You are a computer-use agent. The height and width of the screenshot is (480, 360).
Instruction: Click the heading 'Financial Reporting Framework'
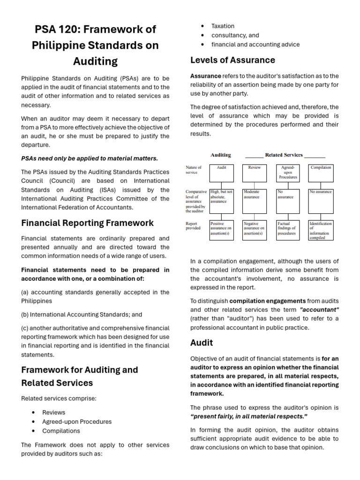pos(87,223)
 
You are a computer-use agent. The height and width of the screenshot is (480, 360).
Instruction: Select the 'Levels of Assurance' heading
pos(232,60)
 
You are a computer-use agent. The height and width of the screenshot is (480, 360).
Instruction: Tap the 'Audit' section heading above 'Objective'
pos(202,343)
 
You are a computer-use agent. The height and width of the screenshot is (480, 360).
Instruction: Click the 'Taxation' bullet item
pos(223,26)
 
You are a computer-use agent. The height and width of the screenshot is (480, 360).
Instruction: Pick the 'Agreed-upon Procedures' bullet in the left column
pos(77,421)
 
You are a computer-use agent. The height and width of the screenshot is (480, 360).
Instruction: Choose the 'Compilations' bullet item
pos(61,431)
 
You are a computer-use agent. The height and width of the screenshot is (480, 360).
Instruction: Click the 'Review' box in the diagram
pos(254,173)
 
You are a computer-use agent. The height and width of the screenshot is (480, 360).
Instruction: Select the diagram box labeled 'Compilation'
pos(321,173)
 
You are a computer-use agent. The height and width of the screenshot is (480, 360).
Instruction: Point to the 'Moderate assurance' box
pos(254,201)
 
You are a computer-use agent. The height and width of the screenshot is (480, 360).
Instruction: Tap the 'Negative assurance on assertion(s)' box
pos(254,230)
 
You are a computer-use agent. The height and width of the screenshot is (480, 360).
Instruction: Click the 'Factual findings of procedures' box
pos(287,230)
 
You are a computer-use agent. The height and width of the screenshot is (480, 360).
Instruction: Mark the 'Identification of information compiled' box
pos(321,230)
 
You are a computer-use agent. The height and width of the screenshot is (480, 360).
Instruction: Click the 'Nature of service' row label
pos(194,170)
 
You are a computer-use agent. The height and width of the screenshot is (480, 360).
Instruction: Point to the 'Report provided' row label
pos(193,226)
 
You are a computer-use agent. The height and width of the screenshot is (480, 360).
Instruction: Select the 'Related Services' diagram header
pos(285,155)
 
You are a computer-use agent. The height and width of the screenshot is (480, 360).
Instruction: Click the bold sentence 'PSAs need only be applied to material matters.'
pos(90,158)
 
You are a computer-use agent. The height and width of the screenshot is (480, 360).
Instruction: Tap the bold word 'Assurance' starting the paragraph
pos(205,76)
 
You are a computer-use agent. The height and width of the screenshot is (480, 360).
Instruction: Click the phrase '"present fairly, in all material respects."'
pos(248,417)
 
